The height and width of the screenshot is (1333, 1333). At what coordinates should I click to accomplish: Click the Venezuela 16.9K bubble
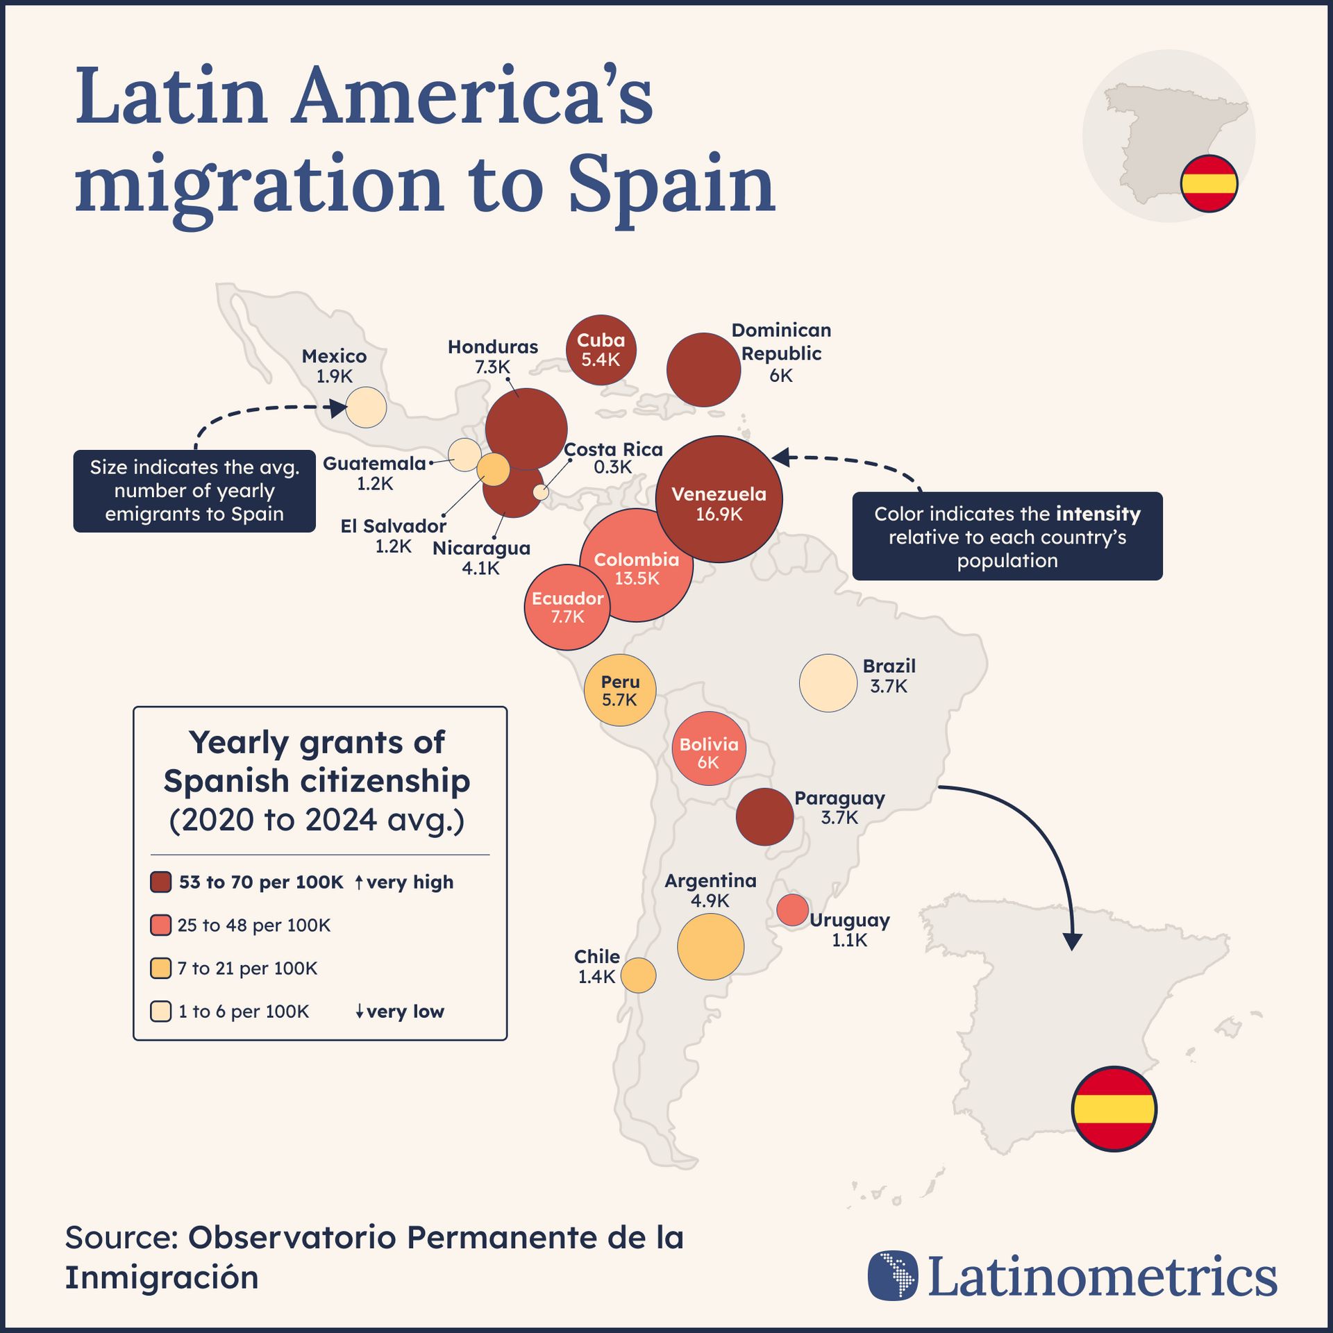tap(719, 498)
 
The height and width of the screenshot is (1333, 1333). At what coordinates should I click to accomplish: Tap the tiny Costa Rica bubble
tap(540, 492)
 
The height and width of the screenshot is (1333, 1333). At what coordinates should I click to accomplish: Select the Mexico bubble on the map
tap(366, 408)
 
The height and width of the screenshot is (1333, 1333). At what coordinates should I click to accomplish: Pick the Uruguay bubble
tap(792, 909)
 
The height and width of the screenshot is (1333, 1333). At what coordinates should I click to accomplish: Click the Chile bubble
tap(638, 975)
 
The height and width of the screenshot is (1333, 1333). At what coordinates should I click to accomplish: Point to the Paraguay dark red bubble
tap(764, 816)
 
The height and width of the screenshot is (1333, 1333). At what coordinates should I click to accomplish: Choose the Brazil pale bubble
tap(828, 683)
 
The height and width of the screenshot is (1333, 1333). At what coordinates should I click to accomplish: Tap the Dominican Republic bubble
tap(703, 370)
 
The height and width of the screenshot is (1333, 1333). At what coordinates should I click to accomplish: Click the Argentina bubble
tap(710, 947)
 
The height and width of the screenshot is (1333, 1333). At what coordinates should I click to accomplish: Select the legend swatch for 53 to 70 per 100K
tap(161, 882)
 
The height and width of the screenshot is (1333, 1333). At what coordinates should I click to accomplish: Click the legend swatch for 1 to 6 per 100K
tap(161, 1012)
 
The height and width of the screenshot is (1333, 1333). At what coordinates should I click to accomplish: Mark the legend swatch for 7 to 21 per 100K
tap(161, 969)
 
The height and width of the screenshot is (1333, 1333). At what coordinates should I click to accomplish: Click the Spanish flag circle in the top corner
tap(1209, 183)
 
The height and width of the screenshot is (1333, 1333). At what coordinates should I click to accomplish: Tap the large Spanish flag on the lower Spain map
tap(1114, 1109)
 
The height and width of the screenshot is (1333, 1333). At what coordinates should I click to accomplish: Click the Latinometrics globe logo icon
tap(893, 1275)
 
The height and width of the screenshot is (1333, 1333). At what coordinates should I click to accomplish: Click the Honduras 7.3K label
tap(492, 356)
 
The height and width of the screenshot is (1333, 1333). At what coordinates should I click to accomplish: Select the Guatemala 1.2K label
tap(375, 473)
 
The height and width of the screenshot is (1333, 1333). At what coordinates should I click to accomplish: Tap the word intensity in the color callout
tap(1098, 514)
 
